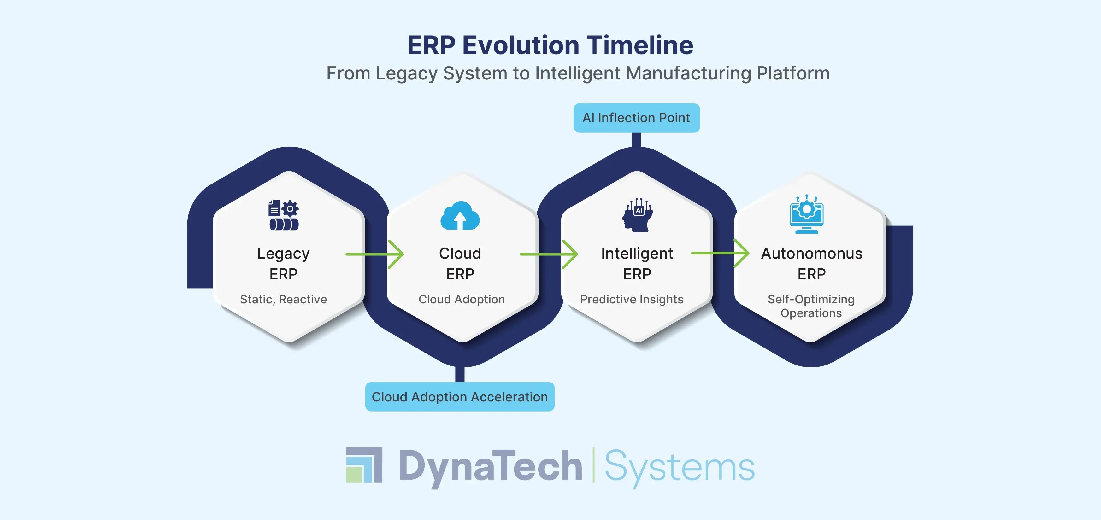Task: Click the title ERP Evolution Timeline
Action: pyautogui.click(x=550, y=45)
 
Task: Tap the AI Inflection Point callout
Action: pyautogui.click(x=636, y=118)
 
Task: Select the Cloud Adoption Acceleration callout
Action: pyautogui.click(x=459, y=397)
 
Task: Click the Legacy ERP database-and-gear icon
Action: pyautogui.click(x=283, y=215)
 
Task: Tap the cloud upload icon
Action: pyautogui.click(x=460, y=216)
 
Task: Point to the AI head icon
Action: pyautogui.click(x=637, y=215)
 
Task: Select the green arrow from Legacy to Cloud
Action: pyautogui.click(x=374, y=254)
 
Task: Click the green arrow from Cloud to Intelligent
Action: pyautogui.click(x=549, y=254)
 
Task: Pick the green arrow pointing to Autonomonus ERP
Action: pyautogui.click(x=720, y=253)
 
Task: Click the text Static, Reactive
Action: pyautogui.click(x=283, y=299)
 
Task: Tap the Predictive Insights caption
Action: pyautogui.click(x=632, y=299)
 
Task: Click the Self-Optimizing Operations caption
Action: pyautogui.click(x=811, y=306)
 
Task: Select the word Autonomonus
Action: pyautogui.click(x=811, y=253)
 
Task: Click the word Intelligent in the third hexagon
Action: pyautogui.click(x=637, y=253)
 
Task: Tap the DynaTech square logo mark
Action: pyautogui.click(x=364, y=465)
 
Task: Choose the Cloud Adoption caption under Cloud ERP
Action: pyautogui.click(x=462, y=299)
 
